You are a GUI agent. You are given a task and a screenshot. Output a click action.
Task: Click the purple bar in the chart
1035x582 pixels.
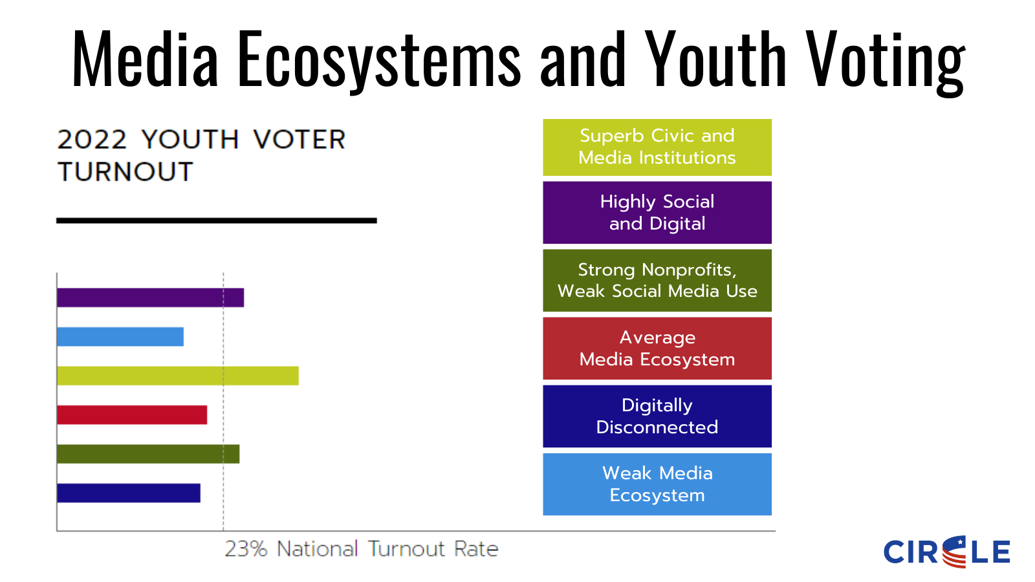[150, 297]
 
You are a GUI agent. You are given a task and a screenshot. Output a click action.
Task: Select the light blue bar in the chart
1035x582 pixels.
[120, 337]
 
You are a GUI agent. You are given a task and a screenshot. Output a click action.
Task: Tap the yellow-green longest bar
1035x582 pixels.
[177, 376]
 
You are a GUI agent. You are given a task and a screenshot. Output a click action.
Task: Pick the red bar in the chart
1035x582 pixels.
[132, 415]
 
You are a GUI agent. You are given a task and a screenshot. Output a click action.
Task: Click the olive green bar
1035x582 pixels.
[148, 454]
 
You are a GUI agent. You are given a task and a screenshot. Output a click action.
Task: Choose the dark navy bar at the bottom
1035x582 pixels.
[129, 493]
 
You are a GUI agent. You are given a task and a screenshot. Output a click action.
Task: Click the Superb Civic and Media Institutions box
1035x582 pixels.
[657, 147]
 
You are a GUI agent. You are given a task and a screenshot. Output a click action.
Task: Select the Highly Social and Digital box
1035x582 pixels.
[657, 213]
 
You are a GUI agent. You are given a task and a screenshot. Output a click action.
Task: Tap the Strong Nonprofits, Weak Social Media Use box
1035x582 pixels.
[657, 281]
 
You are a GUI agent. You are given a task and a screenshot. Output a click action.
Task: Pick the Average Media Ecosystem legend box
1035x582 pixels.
[657, 349]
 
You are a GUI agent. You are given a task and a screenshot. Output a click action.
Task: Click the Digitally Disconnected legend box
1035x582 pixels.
[657, 416]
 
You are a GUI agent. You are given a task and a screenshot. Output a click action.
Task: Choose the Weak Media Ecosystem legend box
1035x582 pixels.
[657, 484]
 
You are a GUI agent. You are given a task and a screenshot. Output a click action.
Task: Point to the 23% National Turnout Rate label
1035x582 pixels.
[361, 549]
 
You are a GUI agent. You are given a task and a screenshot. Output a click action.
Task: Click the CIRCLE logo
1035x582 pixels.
[946, 552]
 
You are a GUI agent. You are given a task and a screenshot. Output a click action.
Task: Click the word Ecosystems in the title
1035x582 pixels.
[379, 59]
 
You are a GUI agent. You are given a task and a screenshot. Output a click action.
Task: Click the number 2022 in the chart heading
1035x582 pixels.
[92, 140]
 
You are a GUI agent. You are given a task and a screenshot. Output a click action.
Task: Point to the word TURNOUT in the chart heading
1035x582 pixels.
[125, 172]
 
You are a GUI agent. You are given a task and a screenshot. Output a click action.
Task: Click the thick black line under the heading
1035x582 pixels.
[216, 221]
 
